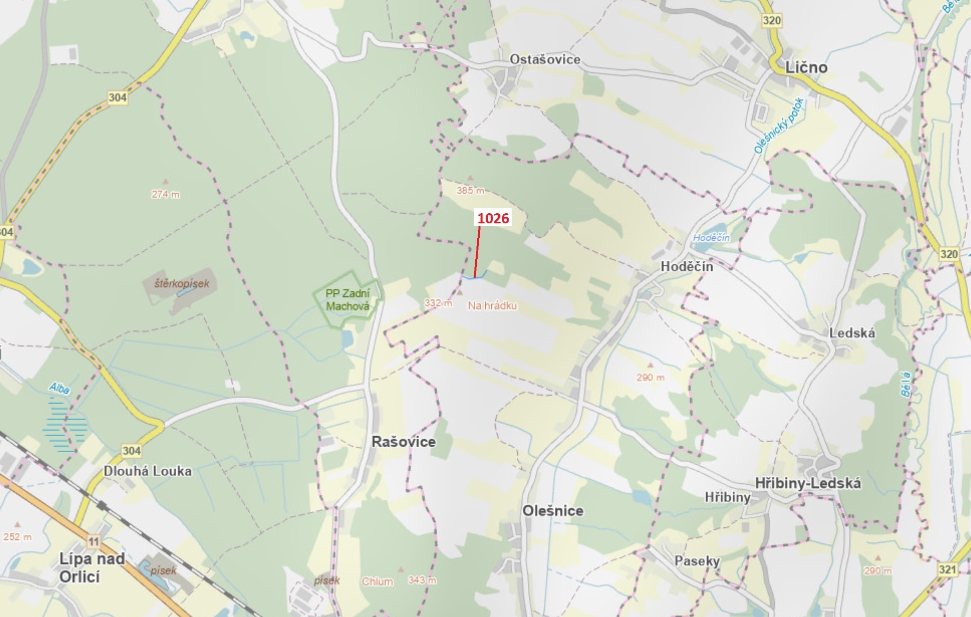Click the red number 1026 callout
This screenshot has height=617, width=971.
click(493, 218)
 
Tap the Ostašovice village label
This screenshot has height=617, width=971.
click(545, 60)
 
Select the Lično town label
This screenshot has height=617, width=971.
click(806, 67)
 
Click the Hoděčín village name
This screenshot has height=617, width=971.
click(686, 266)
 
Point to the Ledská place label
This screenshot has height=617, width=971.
click(852, 333)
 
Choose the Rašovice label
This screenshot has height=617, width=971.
click(403, 441)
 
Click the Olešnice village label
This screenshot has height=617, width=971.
click(552, 511)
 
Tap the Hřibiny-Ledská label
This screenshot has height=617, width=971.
click(808, 483)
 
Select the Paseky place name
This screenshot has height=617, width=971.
click(697, 561)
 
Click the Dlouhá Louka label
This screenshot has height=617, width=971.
click(148, 471)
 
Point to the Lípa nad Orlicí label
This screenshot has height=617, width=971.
click(92, 567)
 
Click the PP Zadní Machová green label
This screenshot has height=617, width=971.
click(347, 300)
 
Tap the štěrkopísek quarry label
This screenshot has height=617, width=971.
click(182, 283)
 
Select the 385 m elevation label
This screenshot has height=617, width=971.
click(470, 190)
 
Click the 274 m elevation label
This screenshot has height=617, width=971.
click(165, 194)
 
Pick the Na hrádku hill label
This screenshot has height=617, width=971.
click(492, 305)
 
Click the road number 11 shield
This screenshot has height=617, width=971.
click(94, 541)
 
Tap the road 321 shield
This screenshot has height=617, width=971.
click(947, 569)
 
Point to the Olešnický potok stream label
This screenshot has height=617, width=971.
click(779, 125)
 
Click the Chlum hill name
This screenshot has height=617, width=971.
click(377, 582)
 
